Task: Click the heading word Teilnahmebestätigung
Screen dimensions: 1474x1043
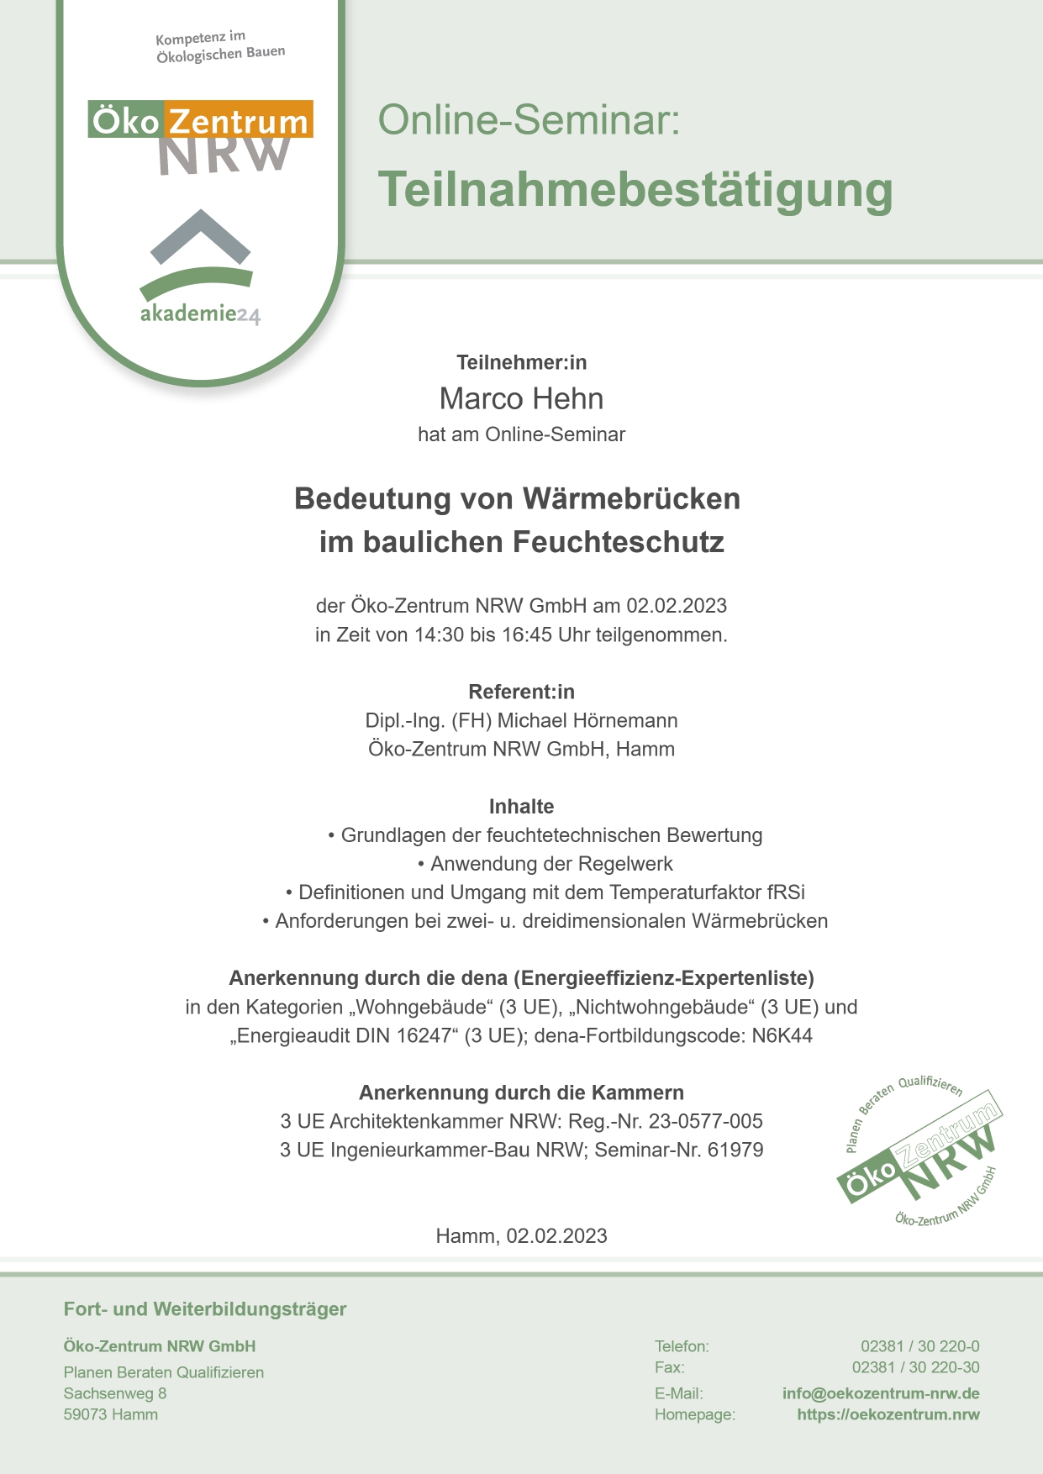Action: click(635, 189)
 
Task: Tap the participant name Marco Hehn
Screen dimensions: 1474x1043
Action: click(521, 398)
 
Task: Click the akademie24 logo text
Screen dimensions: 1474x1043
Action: click(200, 314)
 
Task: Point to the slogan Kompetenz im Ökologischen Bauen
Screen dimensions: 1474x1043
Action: click(220, 47)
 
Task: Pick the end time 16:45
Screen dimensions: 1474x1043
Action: click(527, 635)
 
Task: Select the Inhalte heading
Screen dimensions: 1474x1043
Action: click(521, 807)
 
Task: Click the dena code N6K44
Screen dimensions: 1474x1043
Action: click(782, 1035)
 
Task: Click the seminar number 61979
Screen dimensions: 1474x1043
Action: click(735, 1150)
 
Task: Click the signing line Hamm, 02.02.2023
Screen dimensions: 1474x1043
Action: click(521, 1235)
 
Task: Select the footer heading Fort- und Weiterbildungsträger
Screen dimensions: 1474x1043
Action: click(205, 1308)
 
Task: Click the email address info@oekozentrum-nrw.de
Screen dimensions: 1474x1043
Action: click(881, 1393)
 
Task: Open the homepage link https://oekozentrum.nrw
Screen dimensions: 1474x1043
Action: click(888, 1414)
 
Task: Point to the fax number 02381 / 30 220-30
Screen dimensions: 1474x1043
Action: click(915, 1367)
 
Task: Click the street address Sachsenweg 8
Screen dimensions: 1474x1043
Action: click(115, 1393)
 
